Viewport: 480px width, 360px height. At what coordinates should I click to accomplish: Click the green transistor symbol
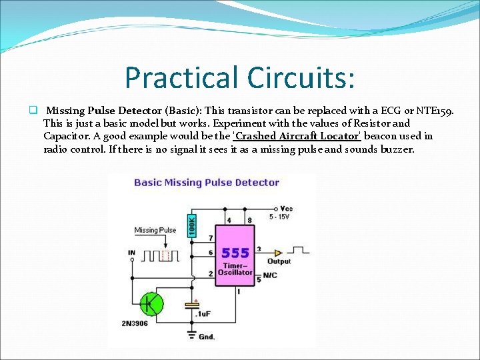(x=153, y=304)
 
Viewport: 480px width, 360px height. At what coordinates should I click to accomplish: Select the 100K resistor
(x=193, y=223)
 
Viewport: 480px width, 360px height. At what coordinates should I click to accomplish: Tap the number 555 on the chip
(x=235, y=253)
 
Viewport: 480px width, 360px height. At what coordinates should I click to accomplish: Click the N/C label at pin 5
(x=270, y=274)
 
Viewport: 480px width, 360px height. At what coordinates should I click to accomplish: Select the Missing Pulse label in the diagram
(x=155, y=231)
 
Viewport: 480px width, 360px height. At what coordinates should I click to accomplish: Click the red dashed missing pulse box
(x=167, y=255)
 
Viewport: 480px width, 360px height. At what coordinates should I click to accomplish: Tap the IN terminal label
(x=132, y=253)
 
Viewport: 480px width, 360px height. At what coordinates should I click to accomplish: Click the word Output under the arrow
(x=279, y=262)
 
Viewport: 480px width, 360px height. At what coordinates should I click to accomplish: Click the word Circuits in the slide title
(x=301, y=77)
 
